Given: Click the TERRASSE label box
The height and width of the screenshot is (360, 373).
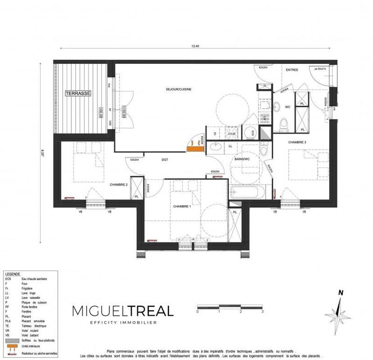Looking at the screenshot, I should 78,93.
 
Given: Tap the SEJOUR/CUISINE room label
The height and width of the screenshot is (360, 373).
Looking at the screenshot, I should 179,89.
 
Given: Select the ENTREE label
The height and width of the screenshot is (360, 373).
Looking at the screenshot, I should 292,70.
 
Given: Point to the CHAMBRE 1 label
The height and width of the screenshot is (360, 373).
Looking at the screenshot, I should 181,206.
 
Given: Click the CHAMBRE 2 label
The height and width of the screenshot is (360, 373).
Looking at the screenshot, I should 118,185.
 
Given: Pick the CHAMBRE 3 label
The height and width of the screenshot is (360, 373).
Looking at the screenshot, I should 297,142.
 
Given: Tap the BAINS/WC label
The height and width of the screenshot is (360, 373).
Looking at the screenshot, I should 242,159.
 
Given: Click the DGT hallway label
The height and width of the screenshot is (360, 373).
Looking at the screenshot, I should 165,159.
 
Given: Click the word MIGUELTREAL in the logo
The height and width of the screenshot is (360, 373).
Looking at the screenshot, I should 123,311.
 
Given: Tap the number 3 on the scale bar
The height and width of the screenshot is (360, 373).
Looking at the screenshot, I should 262,311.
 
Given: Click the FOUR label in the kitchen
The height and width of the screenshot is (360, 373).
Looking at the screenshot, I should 231,132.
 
